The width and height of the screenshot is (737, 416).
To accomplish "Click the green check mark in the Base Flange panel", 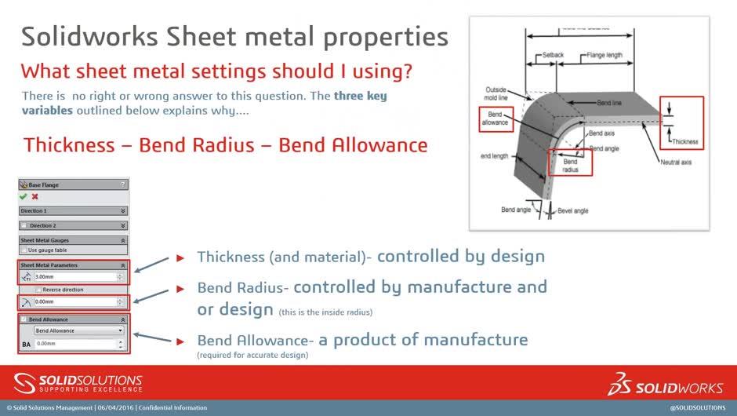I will pos(24,197).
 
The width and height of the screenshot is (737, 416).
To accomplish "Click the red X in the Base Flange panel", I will pos(34,197).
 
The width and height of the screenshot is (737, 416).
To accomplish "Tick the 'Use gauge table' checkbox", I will pos(24,250).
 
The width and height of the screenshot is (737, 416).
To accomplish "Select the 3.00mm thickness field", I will pos(74,277).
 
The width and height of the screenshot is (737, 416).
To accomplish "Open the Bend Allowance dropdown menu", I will pos(79,330).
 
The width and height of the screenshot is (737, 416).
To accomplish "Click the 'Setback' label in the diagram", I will pos(554,56).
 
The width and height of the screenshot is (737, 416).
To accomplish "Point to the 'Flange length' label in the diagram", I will pos(604,56).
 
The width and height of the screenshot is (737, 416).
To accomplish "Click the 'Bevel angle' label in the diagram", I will pos(573,210).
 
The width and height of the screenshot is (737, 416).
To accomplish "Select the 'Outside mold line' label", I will pos(496,93).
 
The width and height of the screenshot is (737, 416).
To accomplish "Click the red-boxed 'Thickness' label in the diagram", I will pos(684,142).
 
